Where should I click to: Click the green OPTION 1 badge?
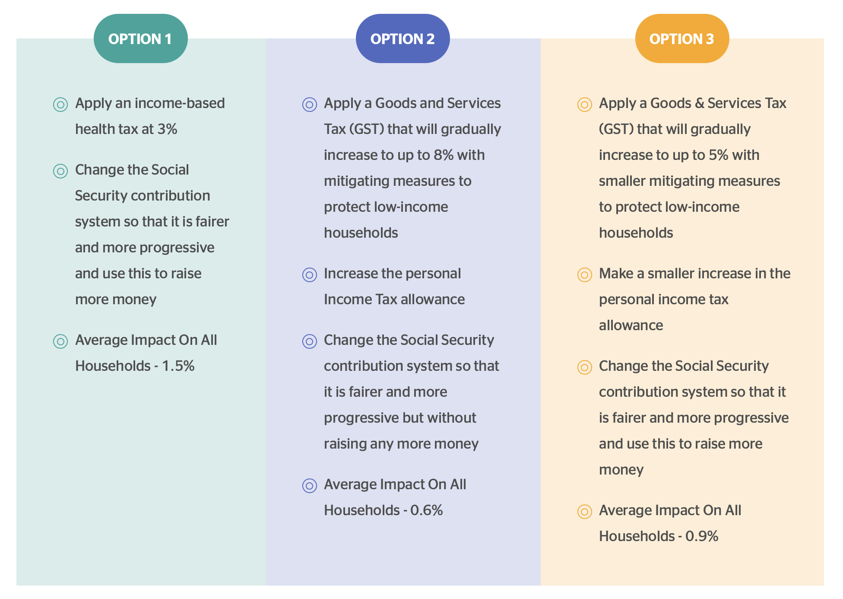point(140,38)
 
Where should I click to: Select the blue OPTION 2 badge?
point(402,38)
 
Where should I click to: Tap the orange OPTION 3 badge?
point(682,38)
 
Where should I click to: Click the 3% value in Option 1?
point(167,129)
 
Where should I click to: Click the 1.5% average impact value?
point(178,366)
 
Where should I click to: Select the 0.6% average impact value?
point(427,510)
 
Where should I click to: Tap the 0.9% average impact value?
point(702,536)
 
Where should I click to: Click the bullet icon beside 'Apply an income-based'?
point(60,105)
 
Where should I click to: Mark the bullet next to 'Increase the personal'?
point(310,275)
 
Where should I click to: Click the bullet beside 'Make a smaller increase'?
point(585,275)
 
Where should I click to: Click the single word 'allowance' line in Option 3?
point(631,325)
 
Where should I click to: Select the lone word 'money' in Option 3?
point(621,470)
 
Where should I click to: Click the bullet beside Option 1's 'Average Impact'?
point(60,341)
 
